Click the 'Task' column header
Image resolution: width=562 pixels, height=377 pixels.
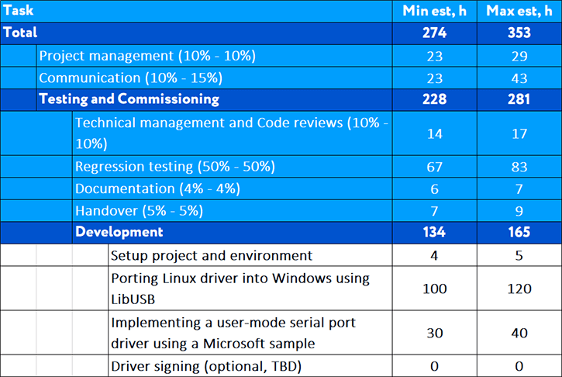(x=19, y=11)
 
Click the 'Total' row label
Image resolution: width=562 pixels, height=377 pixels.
(x=21, y=33)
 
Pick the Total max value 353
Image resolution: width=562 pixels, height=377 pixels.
(x=519, y=33)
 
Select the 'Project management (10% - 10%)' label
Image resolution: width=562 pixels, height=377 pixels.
(x=147, y=56)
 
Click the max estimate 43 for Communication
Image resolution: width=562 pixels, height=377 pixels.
(x=519, y=78)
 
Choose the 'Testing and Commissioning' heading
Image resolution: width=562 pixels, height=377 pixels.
(x=129, y=99)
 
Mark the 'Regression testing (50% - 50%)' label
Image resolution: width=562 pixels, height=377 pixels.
(x=175, y=167)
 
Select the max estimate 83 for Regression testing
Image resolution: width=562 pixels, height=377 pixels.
(x=519, y=167)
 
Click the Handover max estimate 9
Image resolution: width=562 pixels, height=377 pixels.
(x=519, y=210)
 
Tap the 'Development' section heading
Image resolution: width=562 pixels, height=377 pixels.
(x=119, y=232)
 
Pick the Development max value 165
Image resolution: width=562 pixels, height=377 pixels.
(x=519, y=232)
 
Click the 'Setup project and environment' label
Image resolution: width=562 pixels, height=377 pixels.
(x=212, y=255)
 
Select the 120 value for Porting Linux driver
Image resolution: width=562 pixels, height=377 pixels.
(x=519, y=289)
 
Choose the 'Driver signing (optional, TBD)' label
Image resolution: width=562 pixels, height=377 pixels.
(x=205, y=366)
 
